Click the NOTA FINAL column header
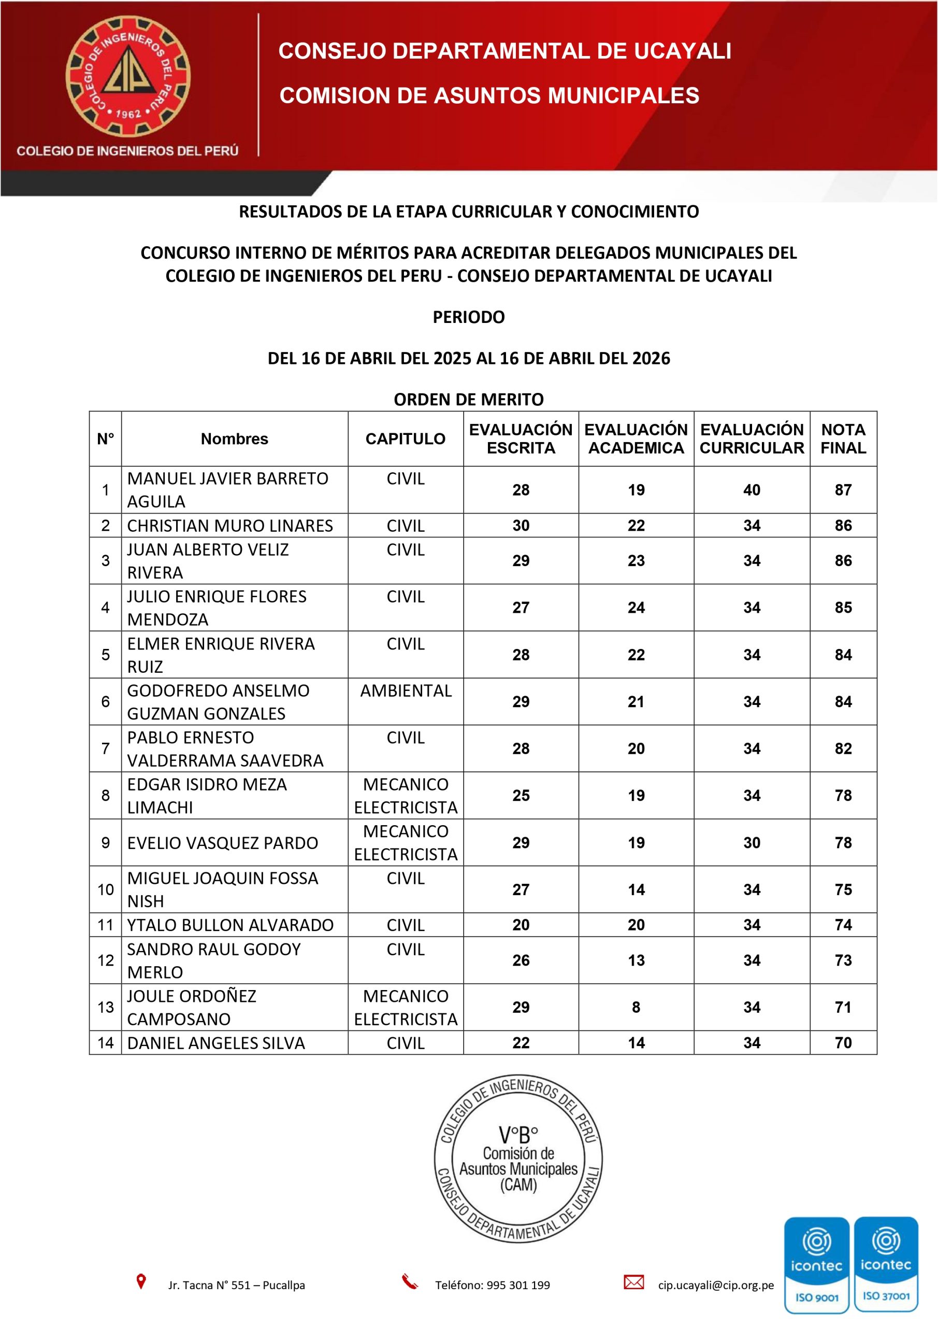pos(843,439)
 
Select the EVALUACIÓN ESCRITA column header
pos(521,439)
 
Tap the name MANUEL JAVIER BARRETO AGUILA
pos(227,489)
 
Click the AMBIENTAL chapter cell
pos(406,690)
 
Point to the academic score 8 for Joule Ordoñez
pos(636,1007)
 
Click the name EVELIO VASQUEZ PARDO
pos(222,843)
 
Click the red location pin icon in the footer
pos(141,1281)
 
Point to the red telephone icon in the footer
pos(410,1282)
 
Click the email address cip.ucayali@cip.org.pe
pos(716,1285)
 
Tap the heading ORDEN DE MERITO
pos(468,399)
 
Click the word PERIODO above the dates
pos(468,317)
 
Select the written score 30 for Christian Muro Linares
pos(521,526)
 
